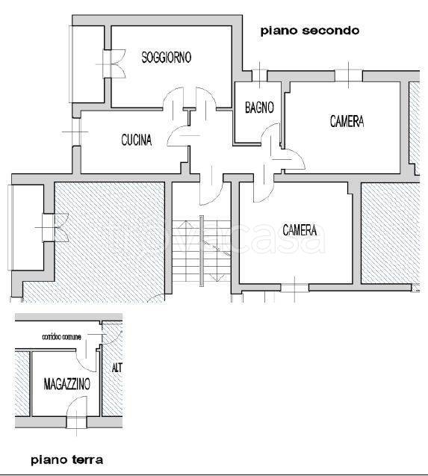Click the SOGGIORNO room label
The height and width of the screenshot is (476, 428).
(x=167, y=57)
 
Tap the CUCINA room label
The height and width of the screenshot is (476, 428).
(x=137, y=140)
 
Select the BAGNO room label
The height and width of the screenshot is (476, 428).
(x=259, y=108)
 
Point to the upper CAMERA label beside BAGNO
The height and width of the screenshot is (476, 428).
(x=347, y=121)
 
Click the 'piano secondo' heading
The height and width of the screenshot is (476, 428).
(x=309, y=31)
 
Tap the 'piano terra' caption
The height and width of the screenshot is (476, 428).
(x=66, y=459)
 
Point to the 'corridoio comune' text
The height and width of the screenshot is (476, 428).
(x=60, y=338)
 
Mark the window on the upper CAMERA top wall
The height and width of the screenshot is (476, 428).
(x=348, y=75)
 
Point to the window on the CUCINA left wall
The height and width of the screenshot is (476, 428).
(x=77, y=132)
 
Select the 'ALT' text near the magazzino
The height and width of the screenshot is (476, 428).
(x=117, y=368)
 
